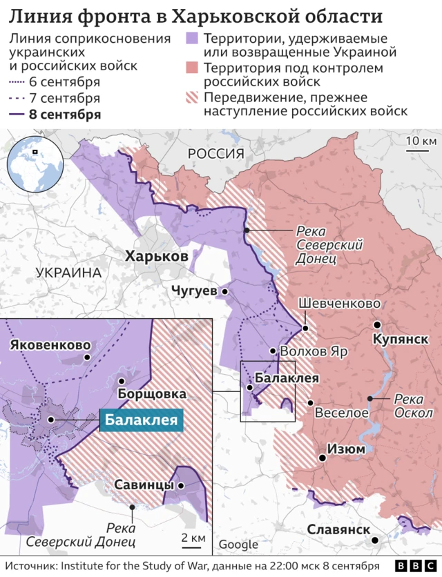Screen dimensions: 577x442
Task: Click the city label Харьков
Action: pyautogui.click(x=157, y=257)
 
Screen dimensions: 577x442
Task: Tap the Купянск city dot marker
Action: pyautogui.click(x=377, y=324)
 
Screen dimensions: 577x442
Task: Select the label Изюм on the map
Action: pyautogui.click(x=347, y=449)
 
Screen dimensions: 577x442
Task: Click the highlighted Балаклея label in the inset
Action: pyautogui.click(x=141, y=420)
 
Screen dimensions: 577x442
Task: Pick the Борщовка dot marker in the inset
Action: pyautogui.click(x=122, y=381)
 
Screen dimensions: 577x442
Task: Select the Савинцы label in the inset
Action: pyautogui.click(x=144, y=485)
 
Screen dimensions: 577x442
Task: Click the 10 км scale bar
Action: pyautogui.click(x=421, y=147)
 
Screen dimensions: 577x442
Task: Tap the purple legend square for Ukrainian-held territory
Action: pyautogui.click(x=193, y=38)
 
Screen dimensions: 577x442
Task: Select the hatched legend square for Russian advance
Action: pyautogui.click(x=193, y=97)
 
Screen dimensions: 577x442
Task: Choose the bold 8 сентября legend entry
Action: pyautogui.click(x=65, y=115)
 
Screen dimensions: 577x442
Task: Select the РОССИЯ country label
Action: pyautogui.click(x=216, y=153)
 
